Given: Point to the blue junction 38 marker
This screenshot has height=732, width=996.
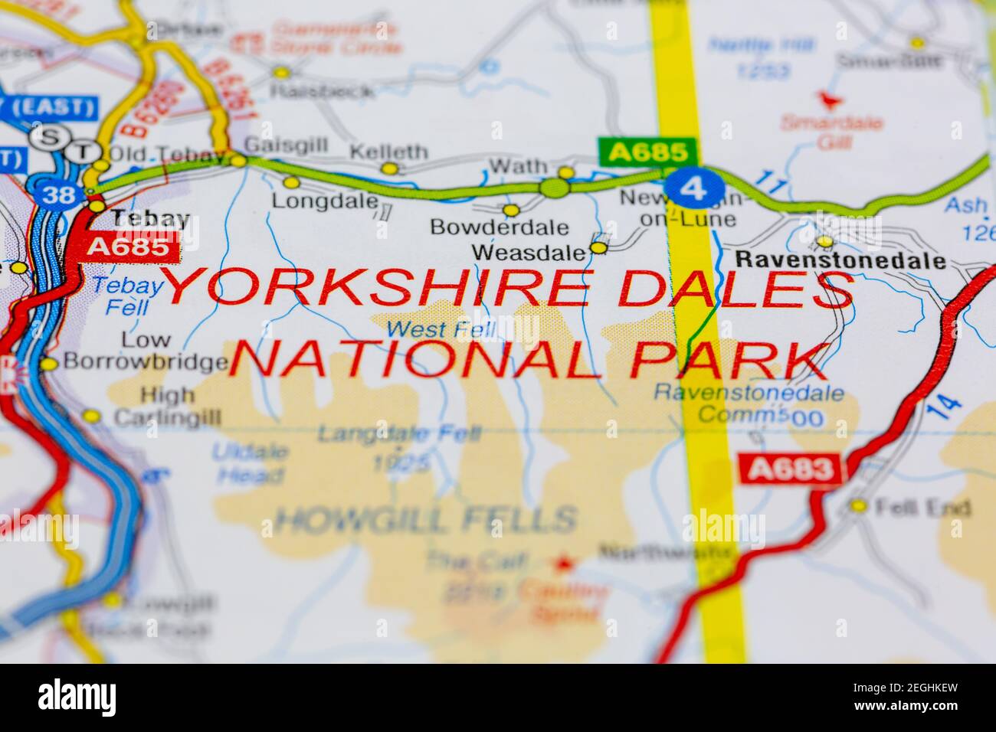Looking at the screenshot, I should click(59, 194).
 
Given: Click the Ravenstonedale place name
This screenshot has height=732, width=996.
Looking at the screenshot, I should click(839, 261).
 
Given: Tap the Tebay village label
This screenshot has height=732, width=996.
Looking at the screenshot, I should click(150, 219).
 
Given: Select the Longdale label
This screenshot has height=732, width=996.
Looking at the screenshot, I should click(326, 202).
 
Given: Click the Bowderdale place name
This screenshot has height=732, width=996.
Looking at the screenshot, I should click(500, 227).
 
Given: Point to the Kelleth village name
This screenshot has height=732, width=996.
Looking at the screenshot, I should click(388, 152).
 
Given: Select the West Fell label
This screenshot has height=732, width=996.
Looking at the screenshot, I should click(441, 330).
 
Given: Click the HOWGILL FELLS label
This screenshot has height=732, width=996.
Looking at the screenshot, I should click(426, 520).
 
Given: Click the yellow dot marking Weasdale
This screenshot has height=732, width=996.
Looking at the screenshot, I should click(598, 247).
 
